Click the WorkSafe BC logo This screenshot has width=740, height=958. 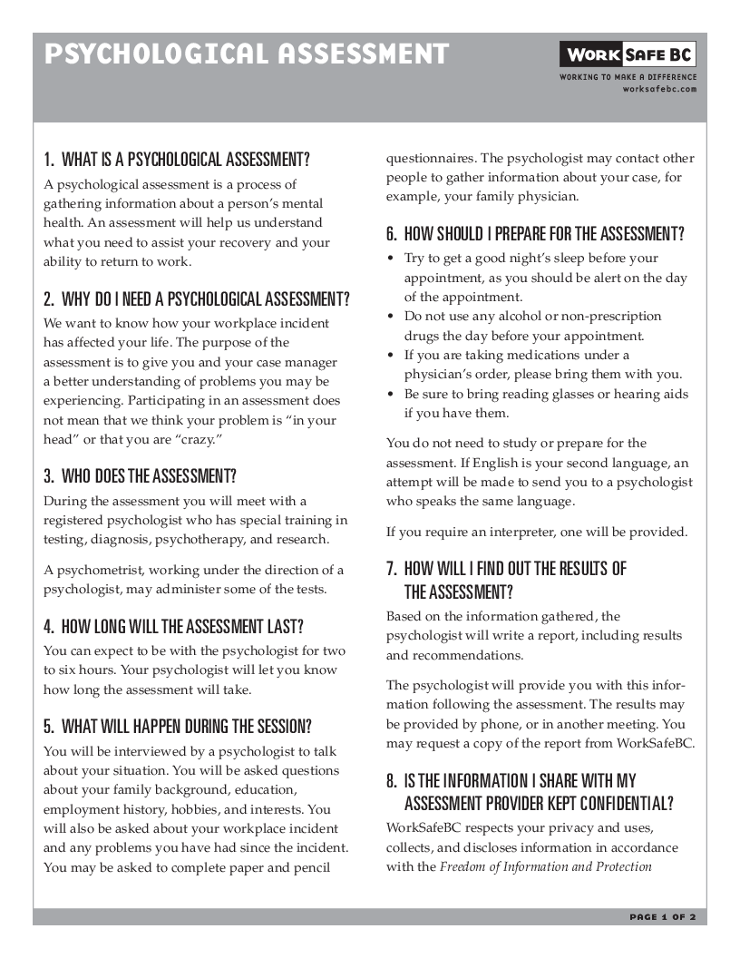coord(628,55)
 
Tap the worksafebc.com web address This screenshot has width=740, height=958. coord(659,89)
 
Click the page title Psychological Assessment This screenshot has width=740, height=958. coord(247,54)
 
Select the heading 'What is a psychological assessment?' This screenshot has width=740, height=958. coord(177,161)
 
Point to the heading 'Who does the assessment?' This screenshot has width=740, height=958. coord(141,476)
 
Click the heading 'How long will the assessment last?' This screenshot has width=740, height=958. coord(173,627)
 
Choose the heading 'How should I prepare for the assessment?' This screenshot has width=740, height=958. coord(535,234)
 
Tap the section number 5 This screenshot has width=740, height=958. coord(49,727)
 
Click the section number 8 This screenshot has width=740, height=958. coord(392,781)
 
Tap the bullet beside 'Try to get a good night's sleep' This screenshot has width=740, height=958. coord(391,259)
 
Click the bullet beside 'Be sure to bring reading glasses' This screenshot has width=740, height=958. coord(391,395)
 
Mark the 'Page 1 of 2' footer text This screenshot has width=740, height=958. coord(662,917)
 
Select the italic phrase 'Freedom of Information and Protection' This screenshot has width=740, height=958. coord(546,867)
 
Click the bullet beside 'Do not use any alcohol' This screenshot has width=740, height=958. coord(391,317)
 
